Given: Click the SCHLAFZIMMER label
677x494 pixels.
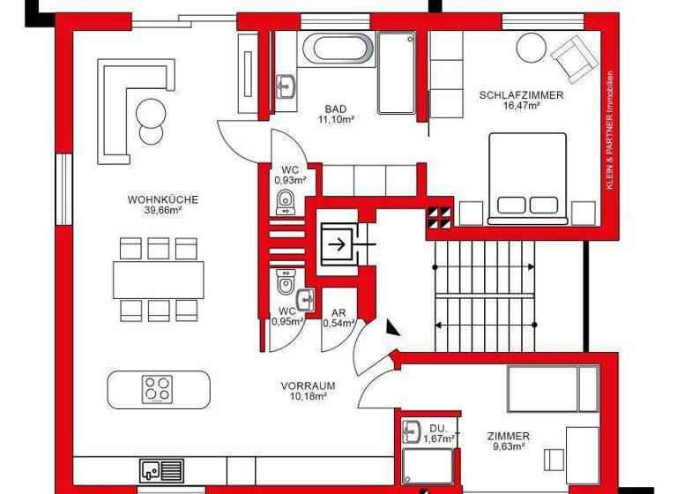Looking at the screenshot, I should click(521, 94).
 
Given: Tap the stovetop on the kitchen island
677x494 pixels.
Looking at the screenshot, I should click(159, 387).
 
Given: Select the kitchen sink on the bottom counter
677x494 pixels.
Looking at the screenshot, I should click(160, 469).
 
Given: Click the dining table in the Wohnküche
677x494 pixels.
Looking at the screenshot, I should click(159, 280).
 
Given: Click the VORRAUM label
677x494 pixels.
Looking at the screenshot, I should click(308, 385).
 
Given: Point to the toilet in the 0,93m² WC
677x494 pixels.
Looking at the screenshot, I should click(284, 205).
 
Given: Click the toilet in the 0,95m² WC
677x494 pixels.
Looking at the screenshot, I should click(284, 284).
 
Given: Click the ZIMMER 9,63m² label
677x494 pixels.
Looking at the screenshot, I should click(509, 441).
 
